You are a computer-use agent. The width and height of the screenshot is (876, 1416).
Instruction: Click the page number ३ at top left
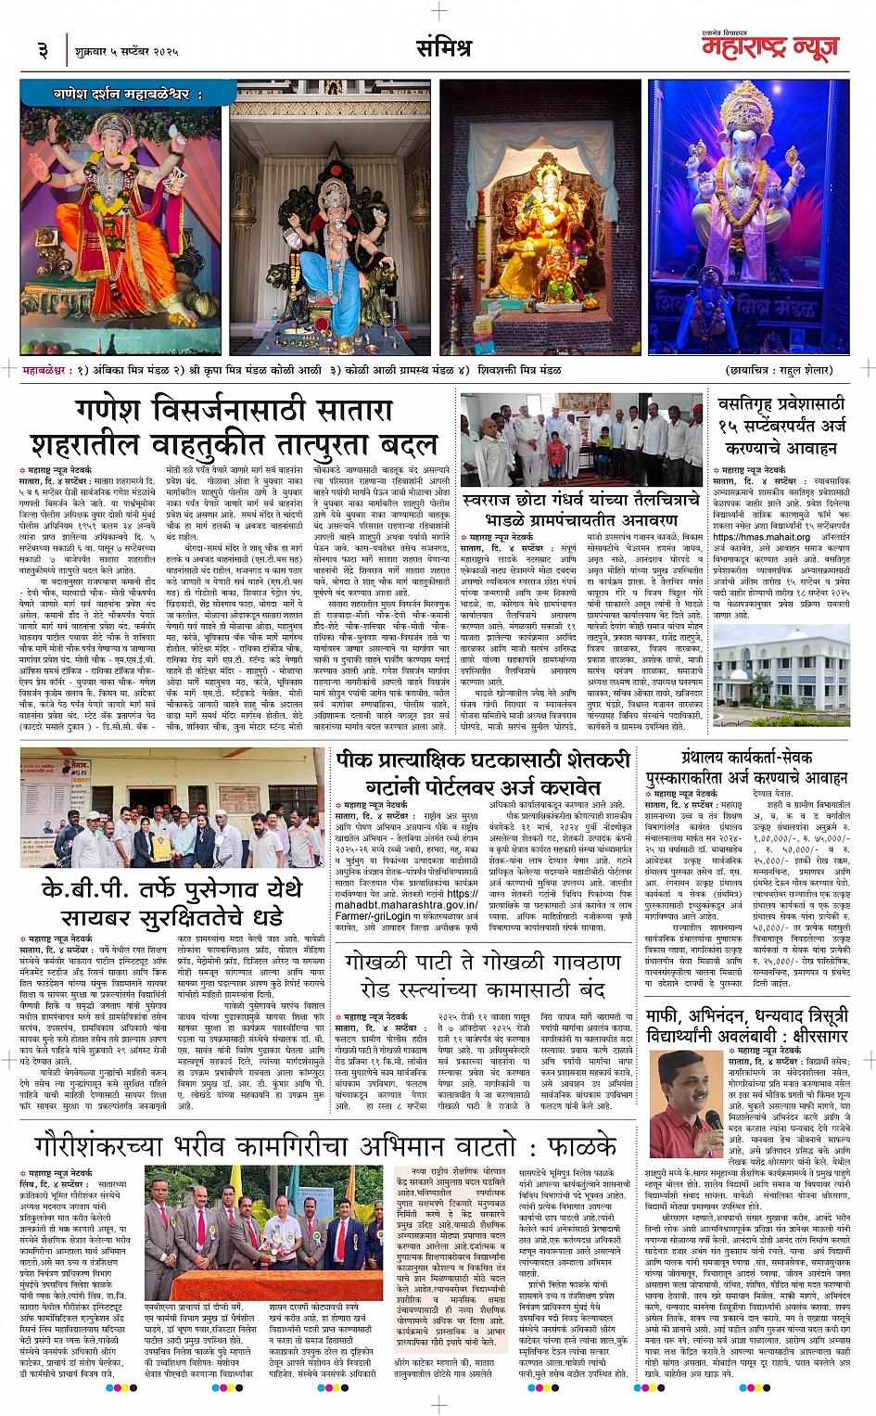tap(43, 49)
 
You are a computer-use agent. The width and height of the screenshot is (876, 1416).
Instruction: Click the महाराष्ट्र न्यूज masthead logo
tap(768, 47)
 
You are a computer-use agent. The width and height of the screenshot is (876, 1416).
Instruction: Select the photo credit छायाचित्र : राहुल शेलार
tap(780, 369)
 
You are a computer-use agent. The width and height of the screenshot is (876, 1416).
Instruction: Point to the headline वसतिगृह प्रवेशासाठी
tap(781, 404)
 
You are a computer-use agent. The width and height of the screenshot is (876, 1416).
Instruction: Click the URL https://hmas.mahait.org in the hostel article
tap(761, 537)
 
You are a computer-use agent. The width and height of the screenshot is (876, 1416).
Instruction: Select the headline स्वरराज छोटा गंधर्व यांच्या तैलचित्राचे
tap(581, 501)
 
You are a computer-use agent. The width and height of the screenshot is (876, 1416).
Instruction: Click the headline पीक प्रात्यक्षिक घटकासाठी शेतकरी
tap(483, 759)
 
